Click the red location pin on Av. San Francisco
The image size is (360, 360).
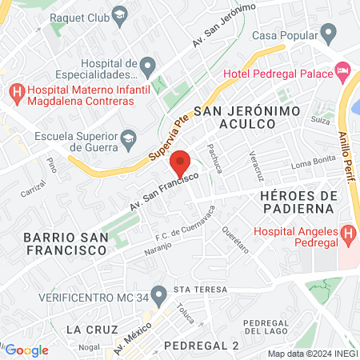coord(181,163)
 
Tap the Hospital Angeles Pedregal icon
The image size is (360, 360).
coord(347,234)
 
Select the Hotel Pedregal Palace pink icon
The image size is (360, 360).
coord(342,73)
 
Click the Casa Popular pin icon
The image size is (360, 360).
coord(327,34)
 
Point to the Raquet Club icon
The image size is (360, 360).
coord(119,15)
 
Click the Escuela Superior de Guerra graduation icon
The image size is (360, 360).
coord(127,140)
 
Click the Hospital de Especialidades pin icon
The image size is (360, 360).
coord(146,65)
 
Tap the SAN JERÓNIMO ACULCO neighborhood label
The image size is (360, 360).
coord(235,117)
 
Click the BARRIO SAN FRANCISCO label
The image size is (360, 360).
coord(66,243)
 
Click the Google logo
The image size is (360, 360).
coord(26,350)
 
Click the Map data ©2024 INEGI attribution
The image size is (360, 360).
coord(311,354)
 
